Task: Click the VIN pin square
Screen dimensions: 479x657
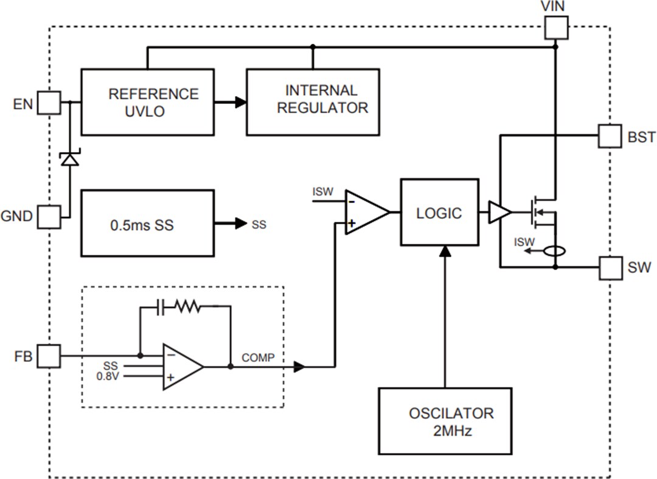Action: coord(556,27)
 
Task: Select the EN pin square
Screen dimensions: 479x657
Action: coord(49,103)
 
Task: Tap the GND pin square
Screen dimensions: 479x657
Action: coord(49,216)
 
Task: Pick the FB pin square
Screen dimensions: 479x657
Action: coord(49,356)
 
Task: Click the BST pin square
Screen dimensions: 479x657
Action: coord(610,136)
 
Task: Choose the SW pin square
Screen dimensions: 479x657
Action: coord(610,267)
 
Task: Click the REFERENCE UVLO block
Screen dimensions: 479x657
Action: coord(147,102)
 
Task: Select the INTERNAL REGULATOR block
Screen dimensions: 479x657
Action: coord(313,102)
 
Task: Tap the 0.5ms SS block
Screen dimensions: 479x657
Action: coord(147,224)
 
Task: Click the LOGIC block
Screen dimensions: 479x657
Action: coord(439,212)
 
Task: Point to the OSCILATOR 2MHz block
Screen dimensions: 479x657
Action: coord(445,421)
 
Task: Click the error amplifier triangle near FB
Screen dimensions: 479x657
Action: coord(181,367)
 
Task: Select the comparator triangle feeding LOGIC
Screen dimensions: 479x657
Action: coord(366,212)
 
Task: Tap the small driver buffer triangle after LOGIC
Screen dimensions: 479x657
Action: coord(499,212)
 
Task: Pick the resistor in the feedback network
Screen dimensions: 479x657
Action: coord(188,307)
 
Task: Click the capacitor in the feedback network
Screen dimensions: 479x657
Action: coord(161,307)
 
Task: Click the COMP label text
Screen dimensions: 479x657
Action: coord(259,358)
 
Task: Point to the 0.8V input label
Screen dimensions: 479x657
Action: coord(109,376)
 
